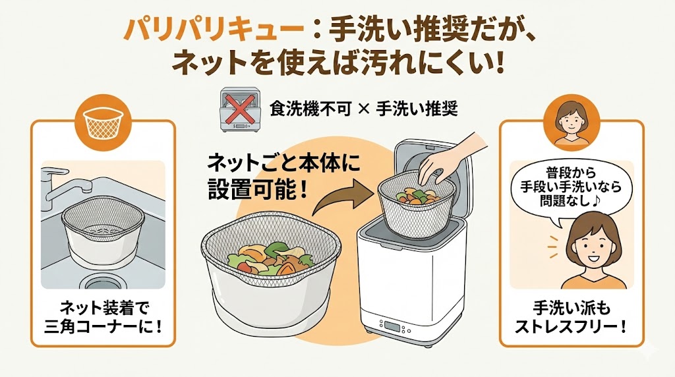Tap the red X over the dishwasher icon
(x=237, y=109)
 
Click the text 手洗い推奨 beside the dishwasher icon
(x=417, y=109)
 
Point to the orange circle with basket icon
(x=103, y=123)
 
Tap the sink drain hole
(x=103, y=282)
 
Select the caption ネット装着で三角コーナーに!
(x=103, y=318)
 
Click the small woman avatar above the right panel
(x=571, y=123)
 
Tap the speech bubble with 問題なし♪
(x=571, y=188)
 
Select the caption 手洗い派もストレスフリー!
(x=571, y=318)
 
